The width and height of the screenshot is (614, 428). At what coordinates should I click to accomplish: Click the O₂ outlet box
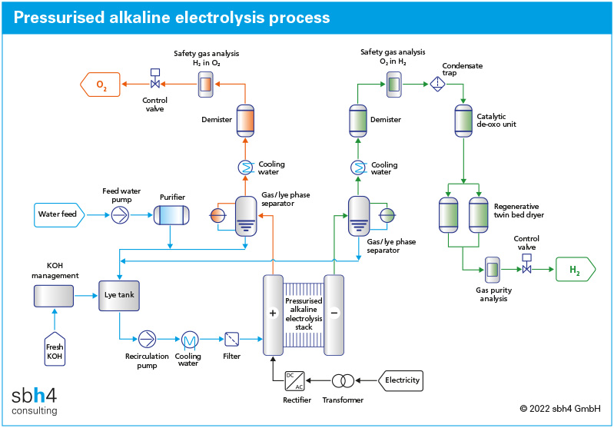(101, 84)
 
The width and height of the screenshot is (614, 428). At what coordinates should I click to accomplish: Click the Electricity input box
(400, 380)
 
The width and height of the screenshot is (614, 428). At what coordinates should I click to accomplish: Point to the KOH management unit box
(54, 295)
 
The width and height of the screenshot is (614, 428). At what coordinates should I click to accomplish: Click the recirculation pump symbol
(146, 339)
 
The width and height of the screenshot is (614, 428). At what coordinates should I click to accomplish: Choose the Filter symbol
(231, 339)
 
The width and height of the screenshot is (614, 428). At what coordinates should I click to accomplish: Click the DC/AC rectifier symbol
(294, 380)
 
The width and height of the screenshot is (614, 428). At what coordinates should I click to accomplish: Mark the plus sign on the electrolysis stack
(272, 314)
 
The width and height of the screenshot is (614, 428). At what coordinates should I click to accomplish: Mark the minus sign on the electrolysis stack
(334, 314)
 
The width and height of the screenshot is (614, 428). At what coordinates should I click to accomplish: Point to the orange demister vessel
(245, 120)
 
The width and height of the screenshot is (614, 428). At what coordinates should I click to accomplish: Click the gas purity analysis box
(492, 270)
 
